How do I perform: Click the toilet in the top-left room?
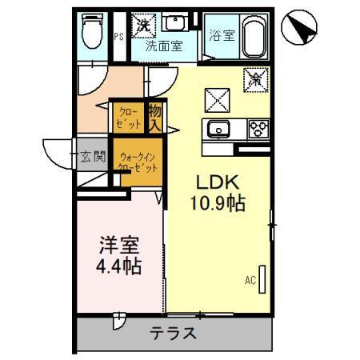(91, 34)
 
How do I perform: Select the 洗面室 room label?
(164, 46)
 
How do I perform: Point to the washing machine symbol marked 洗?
(144, 26)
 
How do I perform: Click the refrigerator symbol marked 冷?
(258, 80)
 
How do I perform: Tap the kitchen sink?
(218, 128)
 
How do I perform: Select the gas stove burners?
(258, 128)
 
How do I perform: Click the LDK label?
(210, 182)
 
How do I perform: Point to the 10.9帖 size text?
(217, 203)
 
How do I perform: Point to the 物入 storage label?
(154, 118)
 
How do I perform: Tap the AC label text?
(250, 282)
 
